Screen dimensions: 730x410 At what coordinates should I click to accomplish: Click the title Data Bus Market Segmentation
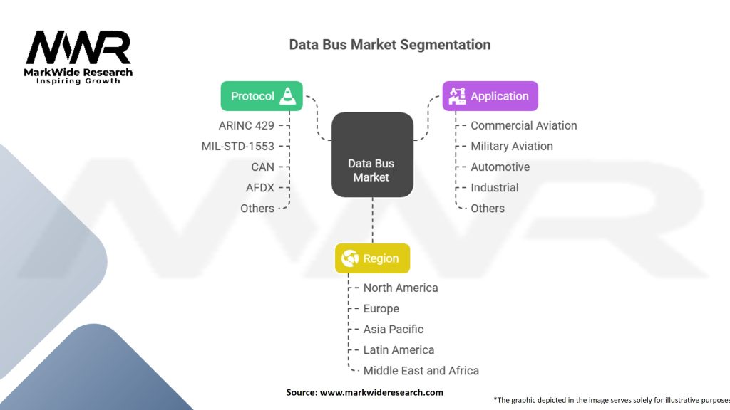tap(389, 44)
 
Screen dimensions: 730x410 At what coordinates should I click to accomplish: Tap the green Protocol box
tap(261, 96)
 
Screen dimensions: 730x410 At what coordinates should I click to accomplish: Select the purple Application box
tap(490, 96)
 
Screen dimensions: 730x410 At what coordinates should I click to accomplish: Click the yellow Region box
tap(372, 258)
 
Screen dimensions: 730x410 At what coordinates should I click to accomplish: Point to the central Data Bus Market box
tap(372, 154)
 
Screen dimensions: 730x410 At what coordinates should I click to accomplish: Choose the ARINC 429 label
tap(246, 125)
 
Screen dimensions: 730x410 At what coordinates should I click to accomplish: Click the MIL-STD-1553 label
tap(237, 146)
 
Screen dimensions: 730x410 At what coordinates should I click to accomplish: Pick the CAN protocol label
tap(262, 167)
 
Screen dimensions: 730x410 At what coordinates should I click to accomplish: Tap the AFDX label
tap(260, 187)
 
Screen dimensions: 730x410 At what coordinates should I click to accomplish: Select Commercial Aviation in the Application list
tap(524, 125)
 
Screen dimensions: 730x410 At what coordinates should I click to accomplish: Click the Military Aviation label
tap(512, 146)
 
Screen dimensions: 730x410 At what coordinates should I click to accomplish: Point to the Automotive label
tap(500, 167)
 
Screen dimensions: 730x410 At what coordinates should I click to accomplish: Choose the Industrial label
tap(495, 187)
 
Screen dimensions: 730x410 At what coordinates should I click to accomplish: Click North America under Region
tap(401, 288)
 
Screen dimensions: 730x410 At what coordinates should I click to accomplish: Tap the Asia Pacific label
tap(394, 329)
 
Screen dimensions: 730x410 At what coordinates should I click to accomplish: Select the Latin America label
tap(399, 349)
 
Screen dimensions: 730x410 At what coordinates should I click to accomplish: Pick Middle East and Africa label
tap(421, 370)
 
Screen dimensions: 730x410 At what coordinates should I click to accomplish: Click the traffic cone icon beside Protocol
tap(287, 95)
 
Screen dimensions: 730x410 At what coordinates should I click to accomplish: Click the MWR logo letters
tap(78, 48)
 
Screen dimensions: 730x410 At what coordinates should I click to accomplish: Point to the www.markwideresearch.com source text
tap(381, 392)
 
